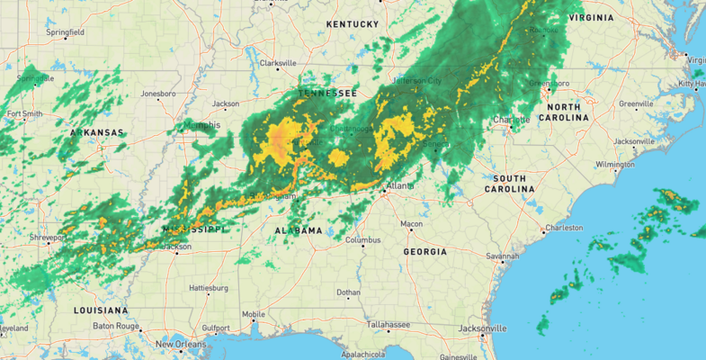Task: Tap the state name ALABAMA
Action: coord(298,230)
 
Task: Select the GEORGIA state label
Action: coord(424,252)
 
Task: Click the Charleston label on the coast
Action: coord(565,228)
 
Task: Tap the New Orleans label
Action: coord(181,345)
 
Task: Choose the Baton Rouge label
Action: coord(114,325)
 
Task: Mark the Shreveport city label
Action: coord(47,238)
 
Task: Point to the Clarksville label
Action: coord(277,63)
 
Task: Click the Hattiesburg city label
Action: coord(209,288)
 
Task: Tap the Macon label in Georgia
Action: coord(412,223)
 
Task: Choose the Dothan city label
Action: coord(348,292)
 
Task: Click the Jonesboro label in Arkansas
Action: coord(158,93)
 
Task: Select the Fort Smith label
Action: coord(24,114)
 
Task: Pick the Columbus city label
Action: coord(363,240)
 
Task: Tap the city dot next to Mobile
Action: coord(255,321)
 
